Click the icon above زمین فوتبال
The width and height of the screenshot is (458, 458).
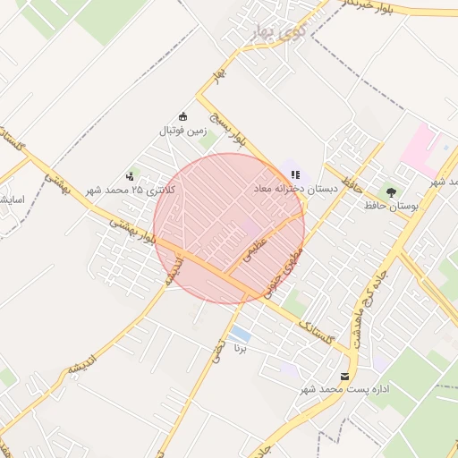coord(183,116)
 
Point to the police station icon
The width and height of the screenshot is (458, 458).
coord(131,176)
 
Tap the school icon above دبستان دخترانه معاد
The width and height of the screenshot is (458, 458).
coord(294,174)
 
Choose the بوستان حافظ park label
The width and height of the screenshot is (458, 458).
coord(391,206)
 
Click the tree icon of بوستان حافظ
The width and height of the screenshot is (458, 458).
coord(390,191)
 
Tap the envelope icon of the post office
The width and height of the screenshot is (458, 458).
coord(345,377)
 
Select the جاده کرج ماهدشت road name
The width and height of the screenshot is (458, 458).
coord(374,297)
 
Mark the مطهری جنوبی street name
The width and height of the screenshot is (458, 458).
coord(284,274)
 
